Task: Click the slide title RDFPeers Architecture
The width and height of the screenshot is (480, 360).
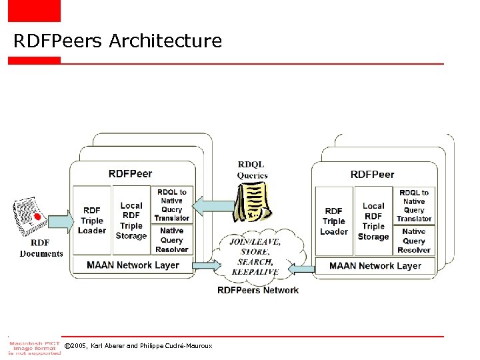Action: [117, 41]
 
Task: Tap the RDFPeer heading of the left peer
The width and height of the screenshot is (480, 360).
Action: [130, 174]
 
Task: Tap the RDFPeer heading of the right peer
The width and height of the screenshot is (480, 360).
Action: [372, 175]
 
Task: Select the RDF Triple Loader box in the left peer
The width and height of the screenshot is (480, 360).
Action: [92, 221]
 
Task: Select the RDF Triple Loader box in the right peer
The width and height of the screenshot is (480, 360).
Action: [334, 221]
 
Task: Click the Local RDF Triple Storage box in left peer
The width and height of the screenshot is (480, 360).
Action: [131, 221]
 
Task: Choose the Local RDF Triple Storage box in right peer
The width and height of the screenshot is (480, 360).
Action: [373, 221]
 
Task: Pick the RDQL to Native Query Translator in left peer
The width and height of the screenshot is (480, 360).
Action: [172, 205]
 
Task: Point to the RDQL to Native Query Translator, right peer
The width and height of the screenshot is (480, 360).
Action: [414, 205]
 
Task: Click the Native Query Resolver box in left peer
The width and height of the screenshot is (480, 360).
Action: [172, 240]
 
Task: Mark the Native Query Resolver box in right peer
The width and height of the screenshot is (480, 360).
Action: [414, 241]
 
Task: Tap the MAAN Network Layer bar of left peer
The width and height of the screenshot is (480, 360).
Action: [133, 265]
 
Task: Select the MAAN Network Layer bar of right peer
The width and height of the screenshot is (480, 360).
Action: [375, 266]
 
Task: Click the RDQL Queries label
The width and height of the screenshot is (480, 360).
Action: [252, 171]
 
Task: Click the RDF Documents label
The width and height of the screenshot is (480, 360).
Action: [41, 248]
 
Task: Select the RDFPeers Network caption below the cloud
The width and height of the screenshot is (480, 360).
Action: [258, 290]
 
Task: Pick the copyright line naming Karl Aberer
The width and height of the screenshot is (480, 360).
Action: [138, 346]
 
